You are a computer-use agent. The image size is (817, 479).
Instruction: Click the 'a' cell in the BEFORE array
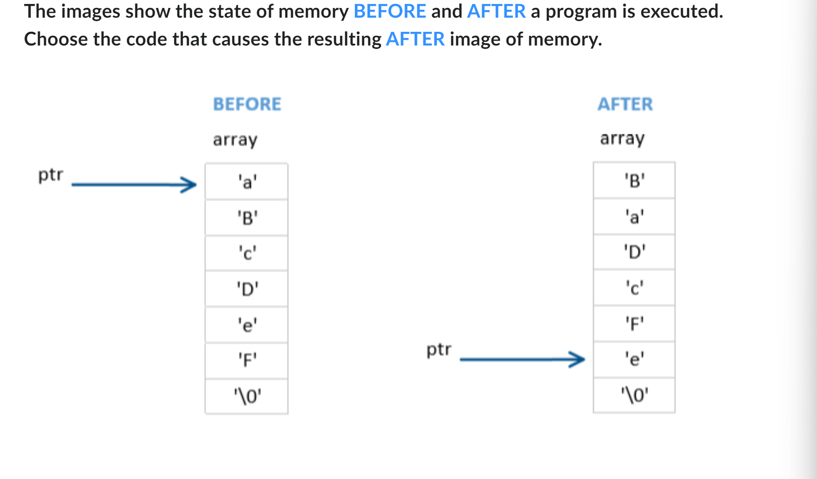(x=247, y=182)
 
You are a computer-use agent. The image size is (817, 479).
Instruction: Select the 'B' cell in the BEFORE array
(x=247, y=217)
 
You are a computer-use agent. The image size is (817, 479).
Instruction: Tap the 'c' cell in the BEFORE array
(x=247, y=253)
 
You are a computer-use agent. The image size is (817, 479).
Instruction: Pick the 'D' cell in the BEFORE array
(x=247, y=289)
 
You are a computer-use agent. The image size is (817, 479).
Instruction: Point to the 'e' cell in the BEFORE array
(x=247, y=325)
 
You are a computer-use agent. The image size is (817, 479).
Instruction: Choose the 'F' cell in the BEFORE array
(x=247, y=361)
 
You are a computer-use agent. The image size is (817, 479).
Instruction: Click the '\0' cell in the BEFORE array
(x=247, y=396)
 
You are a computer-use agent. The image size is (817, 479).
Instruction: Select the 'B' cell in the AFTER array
(x=634, y=180)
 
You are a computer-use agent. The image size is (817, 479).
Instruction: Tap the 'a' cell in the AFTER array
(x=634, y=217)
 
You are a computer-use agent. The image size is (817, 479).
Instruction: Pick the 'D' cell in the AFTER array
(x=634, y=252)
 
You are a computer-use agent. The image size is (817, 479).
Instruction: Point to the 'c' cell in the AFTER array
(x=634, y=288)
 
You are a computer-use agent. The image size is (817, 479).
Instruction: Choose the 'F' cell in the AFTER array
(x=634, y=323)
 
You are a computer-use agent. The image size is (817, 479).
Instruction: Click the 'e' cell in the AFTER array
(x=634, y=359)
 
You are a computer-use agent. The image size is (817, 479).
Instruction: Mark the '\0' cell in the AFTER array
(x=634, y=395)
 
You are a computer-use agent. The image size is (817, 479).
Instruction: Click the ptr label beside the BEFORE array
(x=51, y=175)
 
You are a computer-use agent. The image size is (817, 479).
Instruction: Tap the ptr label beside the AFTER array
(x=439, y=350)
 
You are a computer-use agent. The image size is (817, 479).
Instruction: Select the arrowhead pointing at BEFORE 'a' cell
(x=190, y=185)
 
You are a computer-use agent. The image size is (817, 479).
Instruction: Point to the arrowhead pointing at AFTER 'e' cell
(x=578, y=359)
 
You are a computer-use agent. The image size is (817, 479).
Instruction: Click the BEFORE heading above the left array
(x=247, y=104)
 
